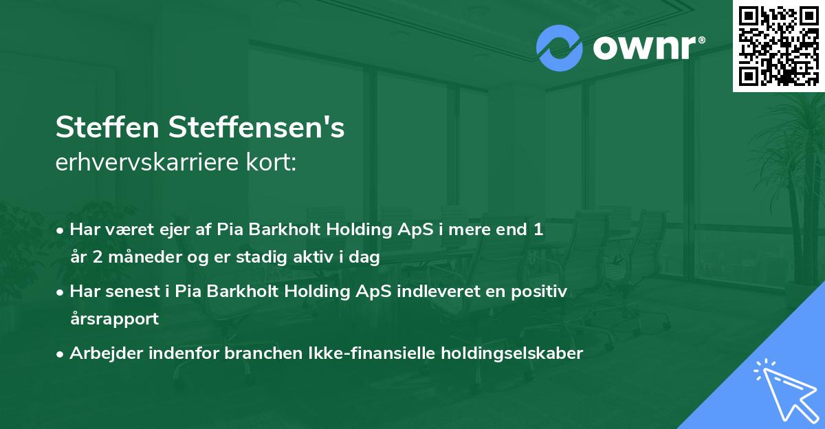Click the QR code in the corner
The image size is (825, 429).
coord(779,45)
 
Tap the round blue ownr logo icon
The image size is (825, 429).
coord(559,48)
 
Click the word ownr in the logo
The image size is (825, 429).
coord(643,48)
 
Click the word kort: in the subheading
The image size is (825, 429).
coord(274,163)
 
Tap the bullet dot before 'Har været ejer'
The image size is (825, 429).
coord(61,230)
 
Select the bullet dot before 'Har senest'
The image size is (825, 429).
coord(61,291)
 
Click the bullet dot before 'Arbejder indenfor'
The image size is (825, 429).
coord(61,353)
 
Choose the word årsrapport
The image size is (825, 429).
coord(114,319)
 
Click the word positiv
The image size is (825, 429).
coord(542,291)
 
